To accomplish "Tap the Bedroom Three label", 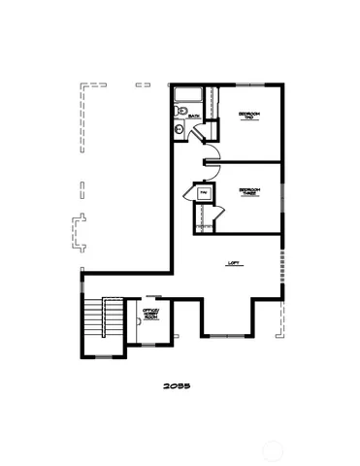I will point(249,192).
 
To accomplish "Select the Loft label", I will point(233,262).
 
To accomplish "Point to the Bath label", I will point(194,117).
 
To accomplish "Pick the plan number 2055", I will point(178,386).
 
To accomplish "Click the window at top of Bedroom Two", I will point(250,83).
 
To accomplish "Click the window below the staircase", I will point(103,358).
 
